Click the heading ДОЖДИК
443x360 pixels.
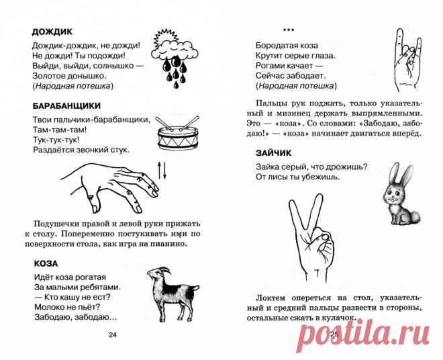(52, 32)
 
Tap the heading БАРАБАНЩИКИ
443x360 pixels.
(66, 105)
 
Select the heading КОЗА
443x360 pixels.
(46, 263)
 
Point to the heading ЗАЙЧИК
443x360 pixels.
(273, 153)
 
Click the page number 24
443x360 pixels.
(113, 335)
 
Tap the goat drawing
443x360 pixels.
(172, 294)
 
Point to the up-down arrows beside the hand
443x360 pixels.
(162, 171)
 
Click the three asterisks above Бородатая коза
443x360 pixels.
(289, 30)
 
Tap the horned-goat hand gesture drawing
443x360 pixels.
(407, 60)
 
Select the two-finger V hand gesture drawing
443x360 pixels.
(310, 238)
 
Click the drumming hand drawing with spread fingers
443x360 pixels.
(110, 187)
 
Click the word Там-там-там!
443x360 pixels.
(60, 130)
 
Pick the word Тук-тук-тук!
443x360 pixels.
(56, 140)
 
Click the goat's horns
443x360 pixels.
(165, 270)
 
